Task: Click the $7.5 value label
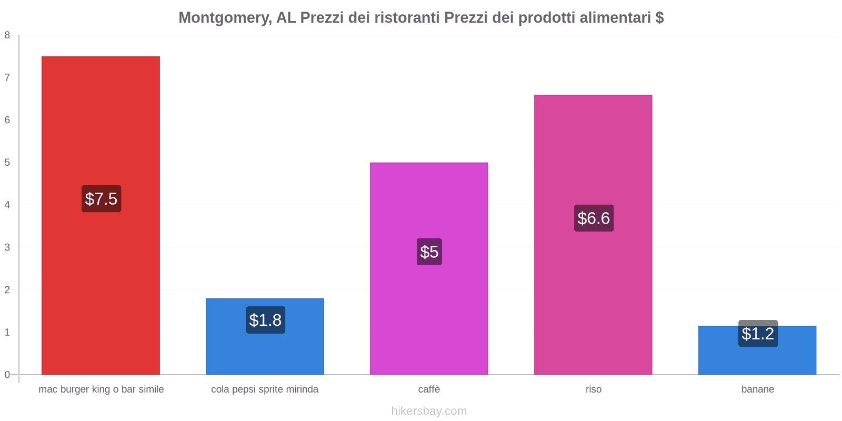[101, 199]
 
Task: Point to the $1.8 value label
[265, 320]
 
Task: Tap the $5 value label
[429, 252]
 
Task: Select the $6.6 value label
[594, 218]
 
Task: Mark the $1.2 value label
[758, 334]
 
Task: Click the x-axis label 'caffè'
[429, 389]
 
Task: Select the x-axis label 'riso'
[594, 389]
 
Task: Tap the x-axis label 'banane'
[757, 389]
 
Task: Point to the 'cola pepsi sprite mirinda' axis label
[265, 389]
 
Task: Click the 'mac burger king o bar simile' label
[101, 389]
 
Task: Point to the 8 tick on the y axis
[7, 35]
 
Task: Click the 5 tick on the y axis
[7, 163]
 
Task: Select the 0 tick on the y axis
[7, 375]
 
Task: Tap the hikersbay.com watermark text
[429, 411]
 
